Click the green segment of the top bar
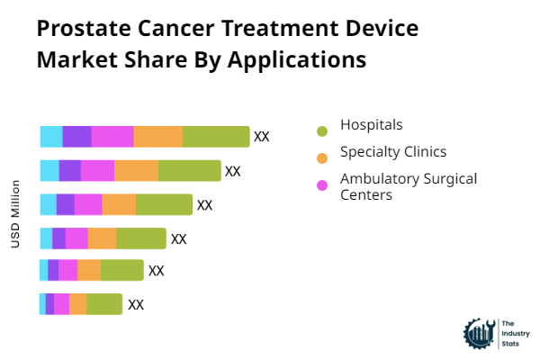pyautogui.click(x=216, y=137)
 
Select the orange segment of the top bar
pyautogui.click(x=158, y=137)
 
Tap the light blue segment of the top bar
pyautogui.click(x=51, y=137)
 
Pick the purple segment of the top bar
pyautogui.click(x=76, y=137)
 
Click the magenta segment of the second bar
pyautogui.click(x=98, y=171)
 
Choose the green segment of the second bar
pyautogui.click(x=189, y=171)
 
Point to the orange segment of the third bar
pyautogui.click(x=119, y=205)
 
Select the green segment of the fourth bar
pyautogui.click(x=141, y=238)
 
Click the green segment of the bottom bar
pyautogui.click(x=104, y=304)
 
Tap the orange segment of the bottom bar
pyautogui.click(x=78, y=304)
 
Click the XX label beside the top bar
pyautogui.click(x=262, y=137)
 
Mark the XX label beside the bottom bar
pyautogui.click(x=136, y=304)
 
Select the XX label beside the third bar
pyautogui.click(x=204, y=205)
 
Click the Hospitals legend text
pyautogui.click(x=371, y=124)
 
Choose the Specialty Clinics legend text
pyautogui.click(x=392, y=151)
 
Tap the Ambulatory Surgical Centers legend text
pyautogui.click(x=408, y=186)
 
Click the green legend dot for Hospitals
pyautogui.click(x=322, y=131)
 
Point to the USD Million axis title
pyautogui.click(x=15, y=214)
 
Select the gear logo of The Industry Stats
pyautogui.click(x=477, y=333)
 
